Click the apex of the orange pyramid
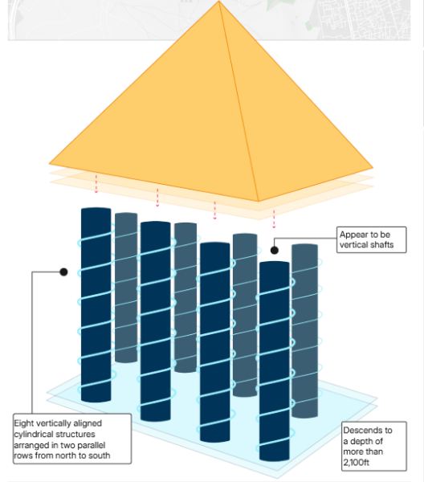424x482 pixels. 219,2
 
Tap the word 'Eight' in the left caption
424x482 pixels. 26,422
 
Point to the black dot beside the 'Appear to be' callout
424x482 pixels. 274,251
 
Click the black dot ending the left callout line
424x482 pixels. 63,272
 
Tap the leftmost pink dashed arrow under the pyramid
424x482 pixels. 96,184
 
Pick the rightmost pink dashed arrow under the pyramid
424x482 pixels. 274,218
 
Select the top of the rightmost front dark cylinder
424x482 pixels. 274,264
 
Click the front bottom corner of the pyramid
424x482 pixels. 258,201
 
